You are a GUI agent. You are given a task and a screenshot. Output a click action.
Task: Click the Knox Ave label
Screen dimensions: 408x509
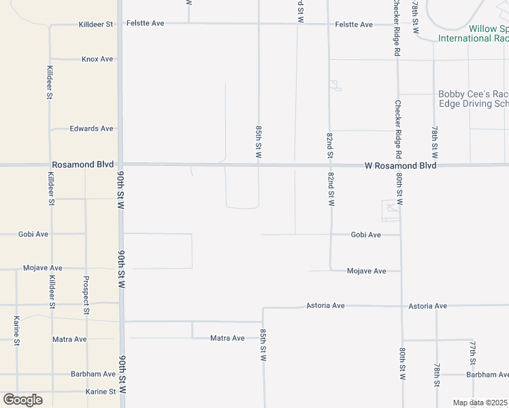97,59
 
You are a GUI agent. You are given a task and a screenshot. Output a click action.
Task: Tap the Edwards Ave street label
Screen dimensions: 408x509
92,129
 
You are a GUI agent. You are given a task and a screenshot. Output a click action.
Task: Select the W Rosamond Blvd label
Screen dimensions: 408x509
400,165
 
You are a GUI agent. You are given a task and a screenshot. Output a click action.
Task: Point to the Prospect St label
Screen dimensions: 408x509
86,294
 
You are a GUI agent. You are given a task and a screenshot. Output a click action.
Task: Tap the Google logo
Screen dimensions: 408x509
22,400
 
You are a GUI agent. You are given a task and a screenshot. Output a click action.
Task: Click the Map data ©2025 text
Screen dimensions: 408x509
480,403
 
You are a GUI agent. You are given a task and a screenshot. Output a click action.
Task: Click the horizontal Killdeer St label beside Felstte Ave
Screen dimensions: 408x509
96,24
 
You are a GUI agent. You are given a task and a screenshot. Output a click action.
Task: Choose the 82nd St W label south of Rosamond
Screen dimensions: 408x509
331,188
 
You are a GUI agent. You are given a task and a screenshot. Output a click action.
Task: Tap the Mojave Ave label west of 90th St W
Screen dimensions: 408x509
43,268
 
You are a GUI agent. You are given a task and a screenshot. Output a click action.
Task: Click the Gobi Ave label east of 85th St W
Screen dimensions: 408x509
366,235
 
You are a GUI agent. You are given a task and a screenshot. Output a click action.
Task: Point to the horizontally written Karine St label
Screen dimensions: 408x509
101,392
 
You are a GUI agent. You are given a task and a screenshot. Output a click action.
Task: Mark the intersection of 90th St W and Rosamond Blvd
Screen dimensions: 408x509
120,165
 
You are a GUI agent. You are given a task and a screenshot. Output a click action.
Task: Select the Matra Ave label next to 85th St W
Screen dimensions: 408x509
227,338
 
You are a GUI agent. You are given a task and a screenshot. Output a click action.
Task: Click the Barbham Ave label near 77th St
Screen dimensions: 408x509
487,375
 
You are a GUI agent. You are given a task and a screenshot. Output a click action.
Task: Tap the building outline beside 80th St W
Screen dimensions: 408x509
390,211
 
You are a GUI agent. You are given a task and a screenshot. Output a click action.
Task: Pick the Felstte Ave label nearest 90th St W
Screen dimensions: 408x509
146,24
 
